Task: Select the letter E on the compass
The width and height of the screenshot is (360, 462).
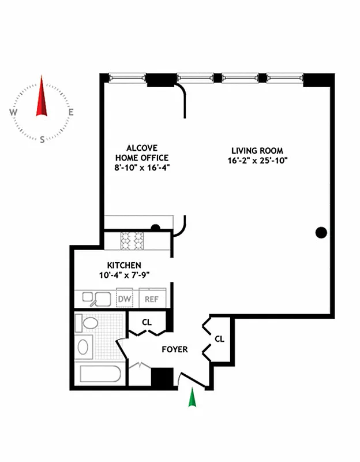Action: (70, 113)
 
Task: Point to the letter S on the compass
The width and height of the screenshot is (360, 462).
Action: (42, 139)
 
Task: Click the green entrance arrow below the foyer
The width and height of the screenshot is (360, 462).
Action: (193, 398)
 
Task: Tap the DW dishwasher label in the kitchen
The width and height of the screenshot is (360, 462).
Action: (124, 299)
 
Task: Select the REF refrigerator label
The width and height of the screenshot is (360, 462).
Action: (151, 299)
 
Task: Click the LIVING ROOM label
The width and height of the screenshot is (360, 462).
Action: (257, 151)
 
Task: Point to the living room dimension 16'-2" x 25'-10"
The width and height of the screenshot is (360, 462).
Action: (257, 161)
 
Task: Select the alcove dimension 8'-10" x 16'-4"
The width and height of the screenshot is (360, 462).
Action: (141, 167)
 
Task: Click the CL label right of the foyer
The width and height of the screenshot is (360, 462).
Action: (219, 339)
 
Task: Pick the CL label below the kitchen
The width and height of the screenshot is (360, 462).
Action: (147, 323)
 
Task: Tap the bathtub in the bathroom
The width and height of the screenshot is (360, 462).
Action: (100, 374)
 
